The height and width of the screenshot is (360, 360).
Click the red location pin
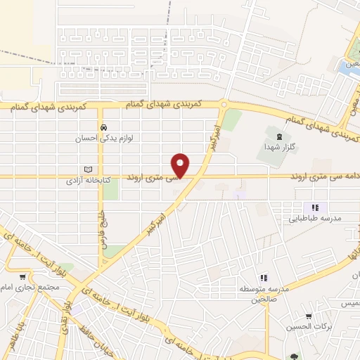pos(181,165)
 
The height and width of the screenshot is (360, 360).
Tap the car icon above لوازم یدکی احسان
pos(104,127)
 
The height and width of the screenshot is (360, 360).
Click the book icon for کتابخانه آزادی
pos(88,169)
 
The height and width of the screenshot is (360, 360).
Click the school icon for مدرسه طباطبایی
pos(315,207)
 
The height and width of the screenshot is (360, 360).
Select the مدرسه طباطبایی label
pos(315,219)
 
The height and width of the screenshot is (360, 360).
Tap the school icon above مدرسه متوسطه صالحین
pos(264,278)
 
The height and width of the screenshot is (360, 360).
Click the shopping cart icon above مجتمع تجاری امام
pos(24,276)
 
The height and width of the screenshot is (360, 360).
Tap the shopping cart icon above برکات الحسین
pos(309,317)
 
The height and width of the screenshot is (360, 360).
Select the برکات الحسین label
pos(309,328)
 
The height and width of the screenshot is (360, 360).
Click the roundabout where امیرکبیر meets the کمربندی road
pos(223,105)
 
